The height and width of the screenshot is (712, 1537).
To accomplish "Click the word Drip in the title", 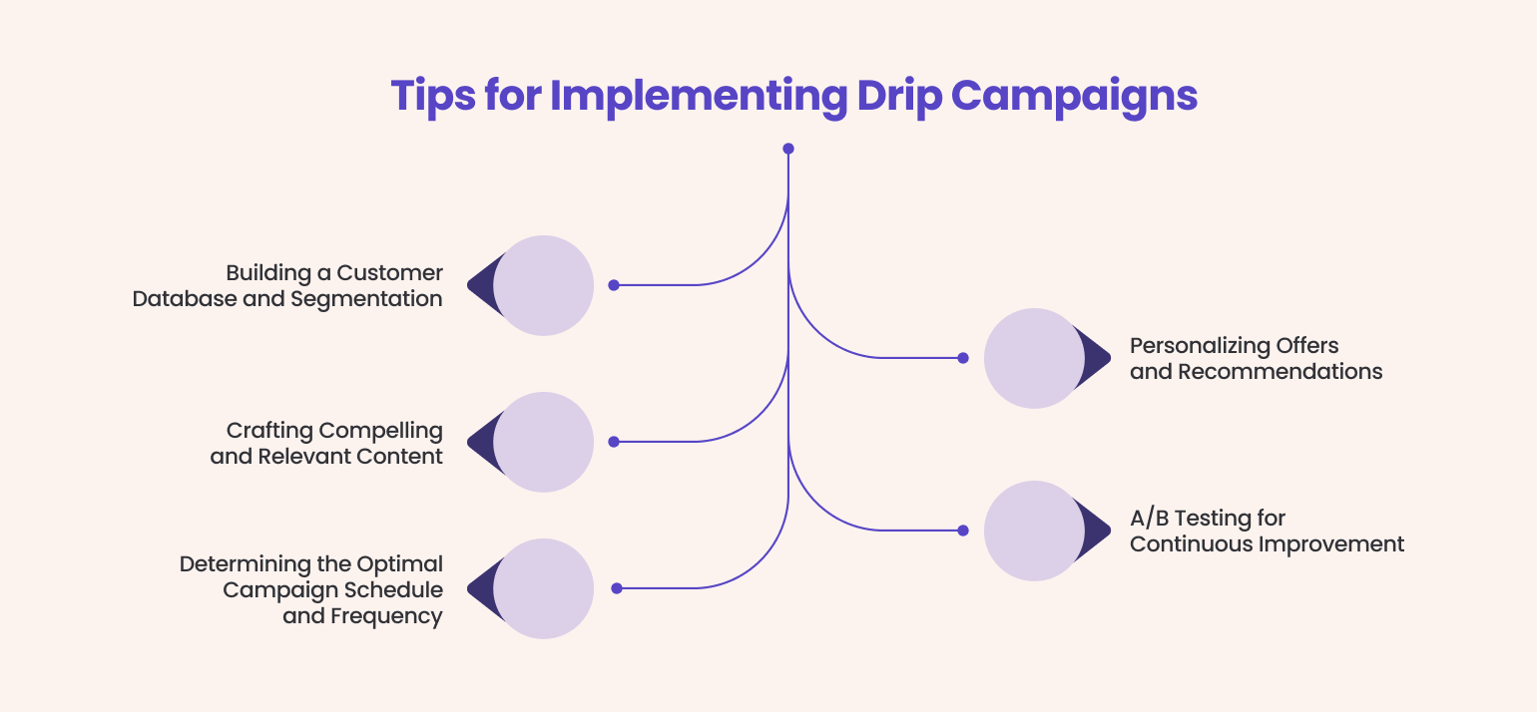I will (x=895, y=97).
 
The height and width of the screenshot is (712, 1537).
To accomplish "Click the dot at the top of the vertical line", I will (x=788, y=149).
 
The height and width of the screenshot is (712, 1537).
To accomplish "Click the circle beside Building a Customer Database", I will (x=543, y=285).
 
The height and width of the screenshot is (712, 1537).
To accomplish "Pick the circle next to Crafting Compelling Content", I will (x=543, y=442).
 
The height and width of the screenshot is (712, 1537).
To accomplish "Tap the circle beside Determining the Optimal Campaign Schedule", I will (x=543, y=588).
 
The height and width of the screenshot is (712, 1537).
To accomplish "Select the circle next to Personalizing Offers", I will (x=1034, y=358).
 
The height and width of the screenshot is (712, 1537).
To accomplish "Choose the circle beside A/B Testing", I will (x=1034, y=531).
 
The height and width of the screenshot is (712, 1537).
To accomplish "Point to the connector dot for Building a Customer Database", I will (x=614, y=285).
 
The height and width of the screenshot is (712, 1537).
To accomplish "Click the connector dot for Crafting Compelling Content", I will (x=614, y=442).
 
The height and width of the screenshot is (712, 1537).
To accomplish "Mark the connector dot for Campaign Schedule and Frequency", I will (x=617, y=588).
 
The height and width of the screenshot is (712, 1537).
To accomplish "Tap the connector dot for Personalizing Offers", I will (x=963, y=358).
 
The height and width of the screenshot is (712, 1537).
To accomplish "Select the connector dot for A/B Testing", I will (x=963, y=531).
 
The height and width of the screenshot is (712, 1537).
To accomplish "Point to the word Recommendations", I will (x=1281, y=372).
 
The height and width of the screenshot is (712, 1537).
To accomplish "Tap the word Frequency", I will (x=385, y=616).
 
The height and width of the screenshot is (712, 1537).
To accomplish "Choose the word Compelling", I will (x=380, y=431).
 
